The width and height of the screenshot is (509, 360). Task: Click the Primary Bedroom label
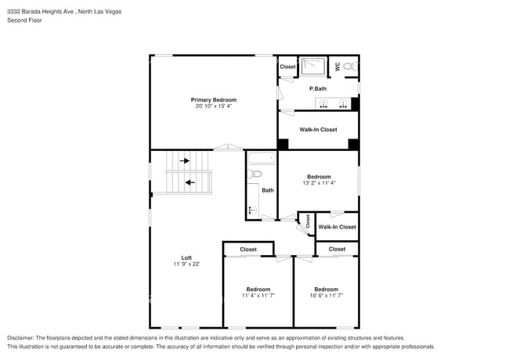click(214, 99)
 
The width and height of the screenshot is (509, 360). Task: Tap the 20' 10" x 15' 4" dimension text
click(214, 106)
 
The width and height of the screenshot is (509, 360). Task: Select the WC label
click(338, 67)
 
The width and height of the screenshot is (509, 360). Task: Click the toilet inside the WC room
click(351, 68)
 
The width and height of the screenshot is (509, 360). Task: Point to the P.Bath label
click(317, 88)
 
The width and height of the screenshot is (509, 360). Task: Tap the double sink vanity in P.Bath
click(333, 103)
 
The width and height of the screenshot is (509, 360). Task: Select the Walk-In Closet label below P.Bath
click(318, 129)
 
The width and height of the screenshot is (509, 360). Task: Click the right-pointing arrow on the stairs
click(185, 160)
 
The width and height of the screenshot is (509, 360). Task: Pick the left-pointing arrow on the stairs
click(190, 182)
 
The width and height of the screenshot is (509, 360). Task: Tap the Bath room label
click(268, 190)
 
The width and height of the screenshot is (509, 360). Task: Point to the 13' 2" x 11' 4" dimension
click(319, 183)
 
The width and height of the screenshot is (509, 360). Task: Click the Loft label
click(186, 257)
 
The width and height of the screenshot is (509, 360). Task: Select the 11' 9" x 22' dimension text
click(186, 265)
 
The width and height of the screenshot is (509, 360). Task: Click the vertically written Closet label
click(308, 221)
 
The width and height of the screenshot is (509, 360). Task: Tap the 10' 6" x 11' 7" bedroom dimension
click(326, 296)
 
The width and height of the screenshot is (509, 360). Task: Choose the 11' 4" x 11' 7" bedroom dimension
click(258, 296)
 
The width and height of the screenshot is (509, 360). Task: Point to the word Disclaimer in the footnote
click(22, 338)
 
